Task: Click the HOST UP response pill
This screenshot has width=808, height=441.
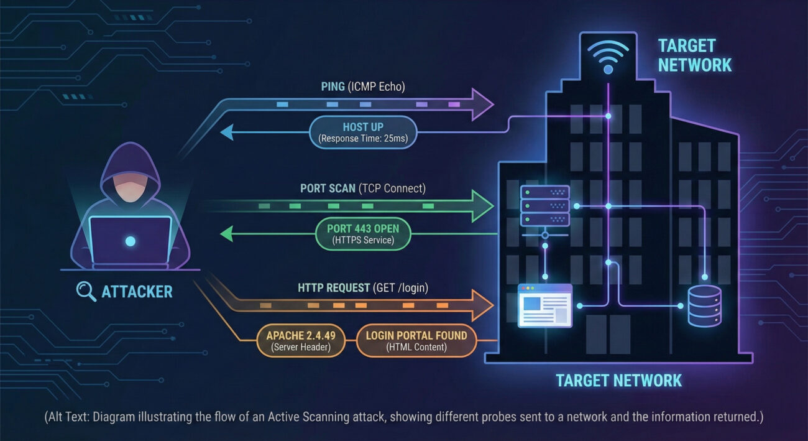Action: (363, 132)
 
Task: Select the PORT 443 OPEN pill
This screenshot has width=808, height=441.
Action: (364, 233)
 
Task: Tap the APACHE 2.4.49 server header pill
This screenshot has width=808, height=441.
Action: (301, 341)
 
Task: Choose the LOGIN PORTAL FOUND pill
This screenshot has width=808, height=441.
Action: (416, 341)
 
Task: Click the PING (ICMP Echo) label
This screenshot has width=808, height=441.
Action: (359, 86)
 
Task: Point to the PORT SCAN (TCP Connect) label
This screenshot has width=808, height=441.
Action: (363, 188)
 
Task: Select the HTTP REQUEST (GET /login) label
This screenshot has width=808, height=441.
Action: (363, 288)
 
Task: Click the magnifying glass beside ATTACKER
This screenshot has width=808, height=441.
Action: (86, 291)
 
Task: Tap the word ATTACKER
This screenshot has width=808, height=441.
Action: (137, 291)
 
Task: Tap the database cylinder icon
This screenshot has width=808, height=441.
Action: (704, 305)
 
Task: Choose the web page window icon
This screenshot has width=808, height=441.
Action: (544, 305)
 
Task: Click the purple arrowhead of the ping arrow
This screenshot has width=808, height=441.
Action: (482, 103)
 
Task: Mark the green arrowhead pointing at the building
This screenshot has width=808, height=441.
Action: (482, 205)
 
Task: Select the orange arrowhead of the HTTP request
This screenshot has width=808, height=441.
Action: (482, 305)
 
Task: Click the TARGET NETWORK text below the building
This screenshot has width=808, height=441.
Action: (618, 380)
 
